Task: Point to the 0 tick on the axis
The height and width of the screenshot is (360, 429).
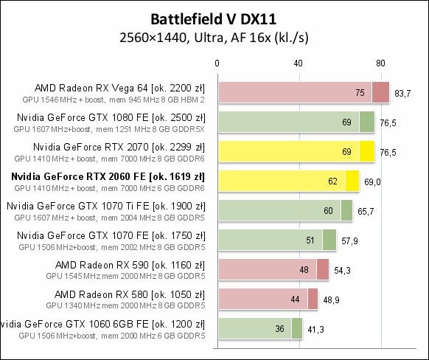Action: coord(217,63)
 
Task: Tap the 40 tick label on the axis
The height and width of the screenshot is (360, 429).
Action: coord(299,63)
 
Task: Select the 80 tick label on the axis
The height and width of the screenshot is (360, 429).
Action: coord(380,63)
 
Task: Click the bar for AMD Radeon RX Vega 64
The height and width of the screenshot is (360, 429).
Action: coord(302,92)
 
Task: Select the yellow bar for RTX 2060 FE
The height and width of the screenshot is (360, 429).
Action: coord(287,180)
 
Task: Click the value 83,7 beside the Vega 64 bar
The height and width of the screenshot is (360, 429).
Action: coord(402,93)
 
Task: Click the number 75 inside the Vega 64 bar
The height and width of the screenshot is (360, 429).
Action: coord(360,93)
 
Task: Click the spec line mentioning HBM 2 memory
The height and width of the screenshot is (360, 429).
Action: coord(113,98)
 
